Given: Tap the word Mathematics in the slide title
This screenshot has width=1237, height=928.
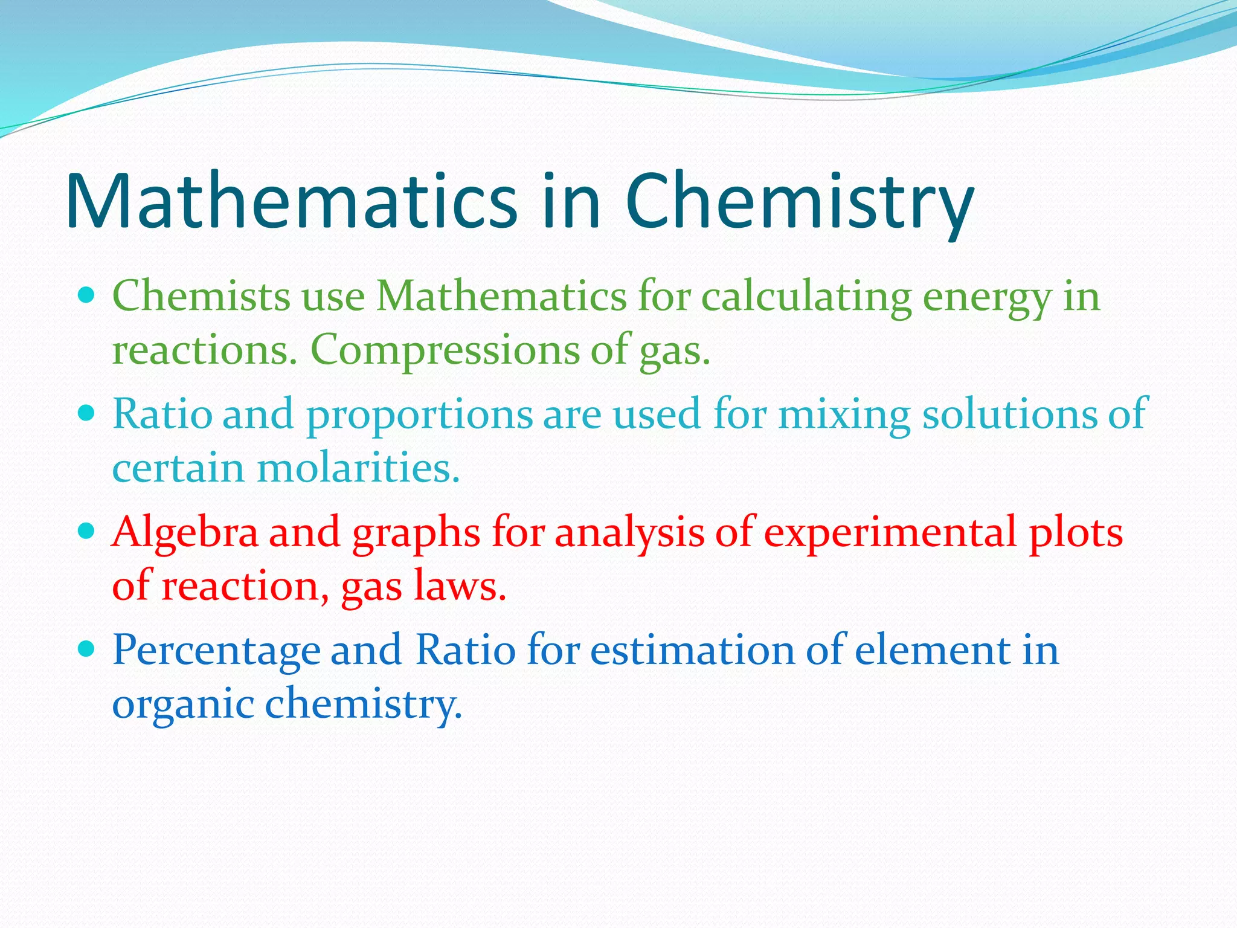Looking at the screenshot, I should tap(291, 202).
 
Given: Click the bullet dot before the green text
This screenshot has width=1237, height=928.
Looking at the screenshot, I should tap(88, 296).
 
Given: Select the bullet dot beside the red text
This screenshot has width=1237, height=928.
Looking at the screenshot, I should tap(88, 532).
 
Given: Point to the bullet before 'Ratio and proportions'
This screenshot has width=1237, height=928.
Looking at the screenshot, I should tap(88, 414).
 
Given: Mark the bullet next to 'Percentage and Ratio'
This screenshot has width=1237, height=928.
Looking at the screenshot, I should tap(88, 649).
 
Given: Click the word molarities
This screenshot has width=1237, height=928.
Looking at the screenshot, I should tap(359, 468).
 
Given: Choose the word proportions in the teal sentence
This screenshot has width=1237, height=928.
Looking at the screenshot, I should tap(420, 416).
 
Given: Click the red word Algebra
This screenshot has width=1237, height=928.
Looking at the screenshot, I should tap(185, 533).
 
